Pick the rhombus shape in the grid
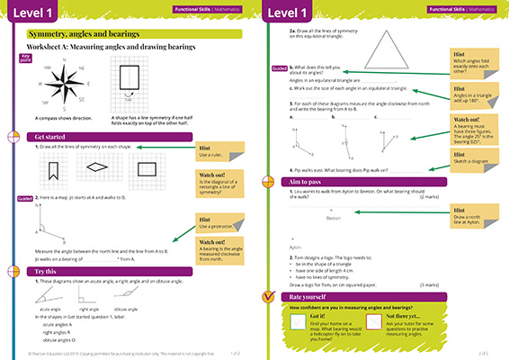pyautogui.click(x=97, y=166)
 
